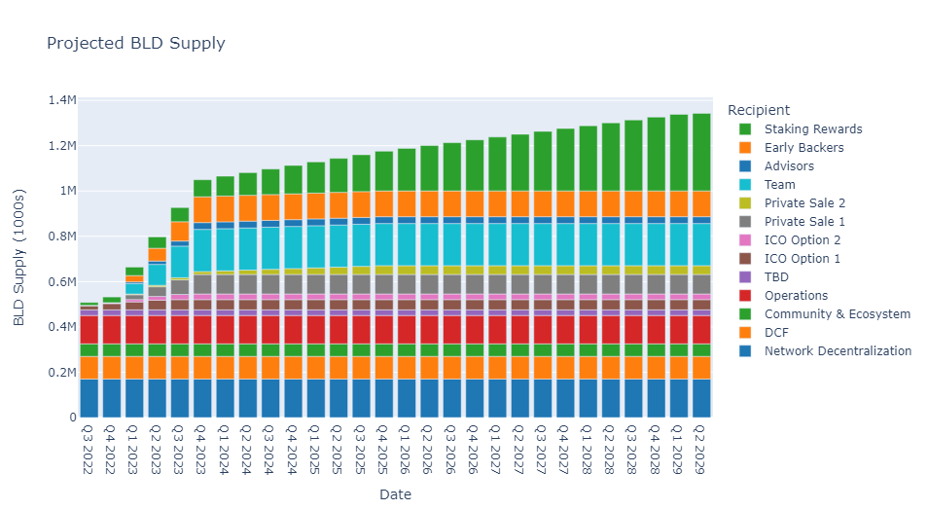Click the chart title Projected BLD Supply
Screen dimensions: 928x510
tap(136, 44)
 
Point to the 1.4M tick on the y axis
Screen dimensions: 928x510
tap(62, 100)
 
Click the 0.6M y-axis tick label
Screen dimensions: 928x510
tap(62, 282)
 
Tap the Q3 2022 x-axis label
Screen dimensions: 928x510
tap(88, 450)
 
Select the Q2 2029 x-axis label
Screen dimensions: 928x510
tap(699, 450)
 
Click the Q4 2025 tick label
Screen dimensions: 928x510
tap(382, 450)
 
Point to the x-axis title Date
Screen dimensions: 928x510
tap(395, 494)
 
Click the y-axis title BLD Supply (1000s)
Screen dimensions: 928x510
tap(18, 258)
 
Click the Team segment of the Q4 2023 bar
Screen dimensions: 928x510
tap(203, 250)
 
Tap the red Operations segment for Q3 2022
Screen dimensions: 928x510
tap(89, 330)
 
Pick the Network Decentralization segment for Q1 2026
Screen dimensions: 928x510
tap(407, 398)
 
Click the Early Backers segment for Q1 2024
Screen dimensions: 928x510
tap(226, 209)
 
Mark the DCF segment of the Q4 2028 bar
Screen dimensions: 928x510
tap(657, 368)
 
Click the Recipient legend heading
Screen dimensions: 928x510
tap(758, 110)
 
